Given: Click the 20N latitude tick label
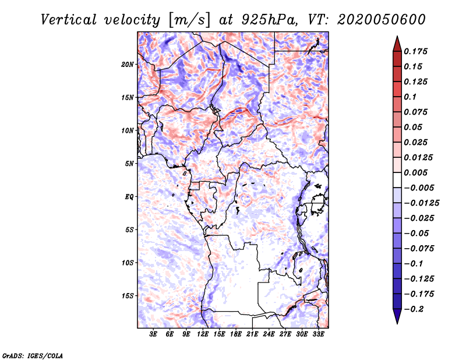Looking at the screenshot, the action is point(127,65).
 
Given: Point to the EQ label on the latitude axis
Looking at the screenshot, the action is point(129,197).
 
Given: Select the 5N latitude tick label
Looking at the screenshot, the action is point(129,164).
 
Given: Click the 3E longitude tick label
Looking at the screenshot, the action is point(153,334).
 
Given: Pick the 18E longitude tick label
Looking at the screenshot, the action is point(236,334).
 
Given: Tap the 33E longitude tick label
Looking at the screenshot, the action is point(318,334).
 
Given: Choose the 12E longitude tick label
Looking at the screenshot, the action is point(203,334).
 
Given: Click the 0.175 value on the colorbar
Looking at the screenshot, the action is point(415,51).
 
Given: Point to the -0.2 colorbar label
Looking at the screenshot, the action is point(414,309).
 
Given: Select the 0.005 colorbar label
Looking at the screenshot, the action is point(415,172).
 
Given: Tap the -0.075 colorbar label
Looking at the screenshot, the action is point(419,249).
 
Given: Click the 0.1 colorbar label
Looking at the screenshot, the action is point(410,97).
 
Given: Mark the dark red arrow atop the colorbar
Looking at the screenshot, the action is point(397,44).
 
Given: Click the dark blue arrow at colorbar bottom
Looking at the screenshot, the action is point(397,316).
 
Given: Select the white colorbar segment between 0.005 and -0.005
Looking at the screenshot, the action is point(397,180).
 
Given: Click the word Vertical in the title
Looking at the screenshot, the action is point(69,20).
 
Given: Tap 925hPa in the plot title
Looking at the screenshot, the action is point(269,20).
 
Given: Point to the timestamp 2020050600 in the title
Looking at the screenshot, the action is point(382,20).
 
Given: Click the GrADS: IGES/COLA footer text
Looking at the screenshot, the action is point(33,355).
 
